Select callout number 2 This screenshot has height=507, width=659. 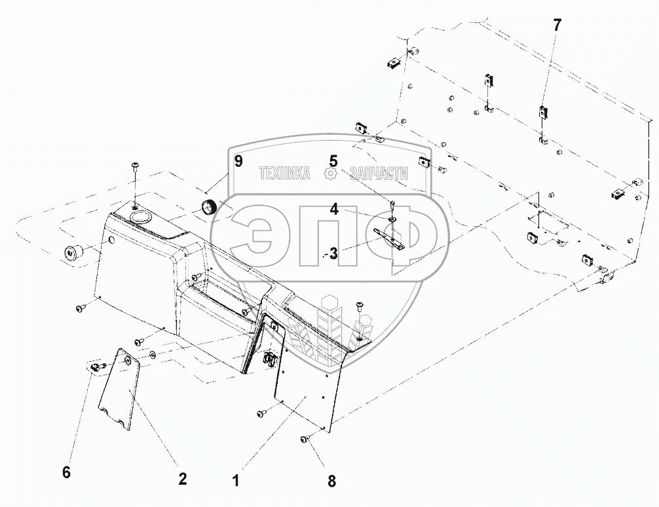pyautogui.click(x=183, y=478)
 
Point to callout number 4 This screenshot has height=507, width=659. pyautogui.click(x=334, y=210)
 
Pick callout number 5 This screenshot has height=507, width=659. pyautogui.click(x=334, y=160)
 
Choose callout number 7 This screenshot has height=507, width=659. pyautogui.click(x=557, y=26)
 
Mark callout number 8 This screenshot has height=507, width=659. pyautogui.click(x=331, y=481)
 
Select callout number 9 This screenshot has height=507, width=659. pyautogui.click(x=238, y=161)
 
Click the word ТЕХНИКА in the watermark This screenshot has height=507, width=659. pyautogui.click(x=285, y=173)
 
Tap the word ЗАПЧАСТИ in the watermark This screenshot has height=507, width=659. pyautogui.click(x=380, y=173)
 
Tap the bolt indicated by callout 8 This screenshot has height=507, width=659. pyautogui.click(x=306, y=439)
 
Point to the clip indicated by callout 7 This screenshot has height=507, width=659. pyautogui.click(x=543, y=113)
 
